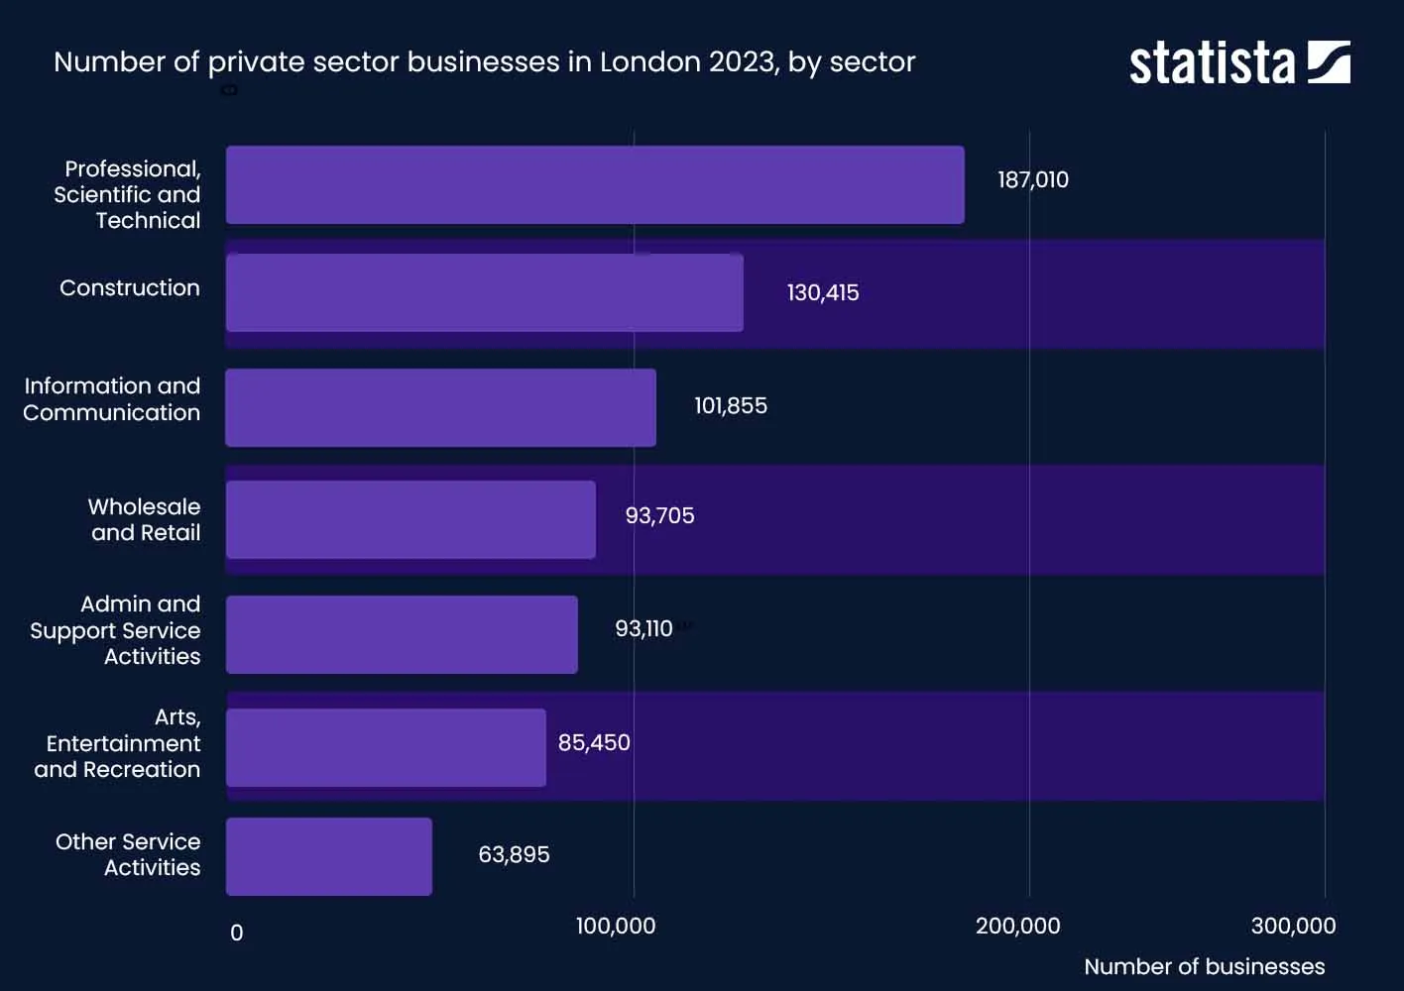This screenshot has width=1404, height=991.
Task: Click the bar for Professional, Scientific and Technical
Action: pyautogui.click(x=595, y=185)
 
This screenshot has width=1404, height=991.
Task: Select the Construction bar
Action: pyautogui.click(x=484, y=292)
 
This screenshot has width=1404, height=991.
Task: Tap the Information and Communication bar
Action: pyautogui.click(x=440, y=407)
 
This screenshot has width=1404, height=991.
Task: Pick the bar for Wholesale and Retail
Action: pyautogui.click(x=410, y=519)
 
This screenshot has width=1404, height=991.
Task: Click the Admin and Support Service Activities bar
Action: pyautogui.click(x=402, y=634)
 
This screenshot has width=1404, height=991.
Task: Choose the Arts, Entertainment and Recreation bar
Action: pyautogui.click(x=386, y=747)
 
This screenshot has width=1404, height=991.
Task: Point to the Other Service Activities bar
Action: pyautogui.click(x=329, y=856)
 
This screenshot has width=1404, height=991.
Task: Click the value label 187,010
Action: pyautogui.click(x=1033, y=180)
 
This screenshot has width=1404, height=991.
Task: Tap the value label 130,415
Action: pyautogui.click(x=823, y=293)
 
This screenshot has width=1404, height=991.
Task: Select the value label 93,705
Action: pyautogui.click(x=659, y=516)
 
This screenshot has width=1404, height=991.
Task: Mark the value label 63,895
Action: pyautogui.click(x=514, y=855)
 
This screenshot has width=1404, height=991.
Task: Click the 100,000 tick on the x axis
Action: pyautogui.click(x=616, y=927)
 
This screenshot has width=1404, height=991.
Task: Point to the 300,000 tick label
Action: pyautogui.click(x=1293, y=927)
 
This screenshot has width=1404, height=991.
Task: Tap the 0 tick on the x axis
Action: pyautogui.click(x=236, y=934)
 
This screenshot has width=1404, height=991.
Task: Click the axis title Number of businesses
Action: pyautogui.click(x=1204, y=967)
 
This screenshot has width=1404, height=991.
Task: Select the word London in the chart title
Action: pyautogui.click(x=650, y=62)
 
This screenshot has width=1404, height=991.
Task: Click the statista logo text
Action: pyautogui.click(x=1212, y=64)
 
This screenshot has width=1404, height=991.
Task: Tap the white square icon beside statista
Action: pyautogui.click(x=1329, y=62)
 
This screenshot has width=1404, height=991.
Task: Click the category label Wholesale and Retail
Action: pyautogui.click(x=145, y=520)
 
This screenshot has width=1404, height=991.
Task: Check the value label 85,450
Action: pyautogui.click(x=594, y=743)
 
